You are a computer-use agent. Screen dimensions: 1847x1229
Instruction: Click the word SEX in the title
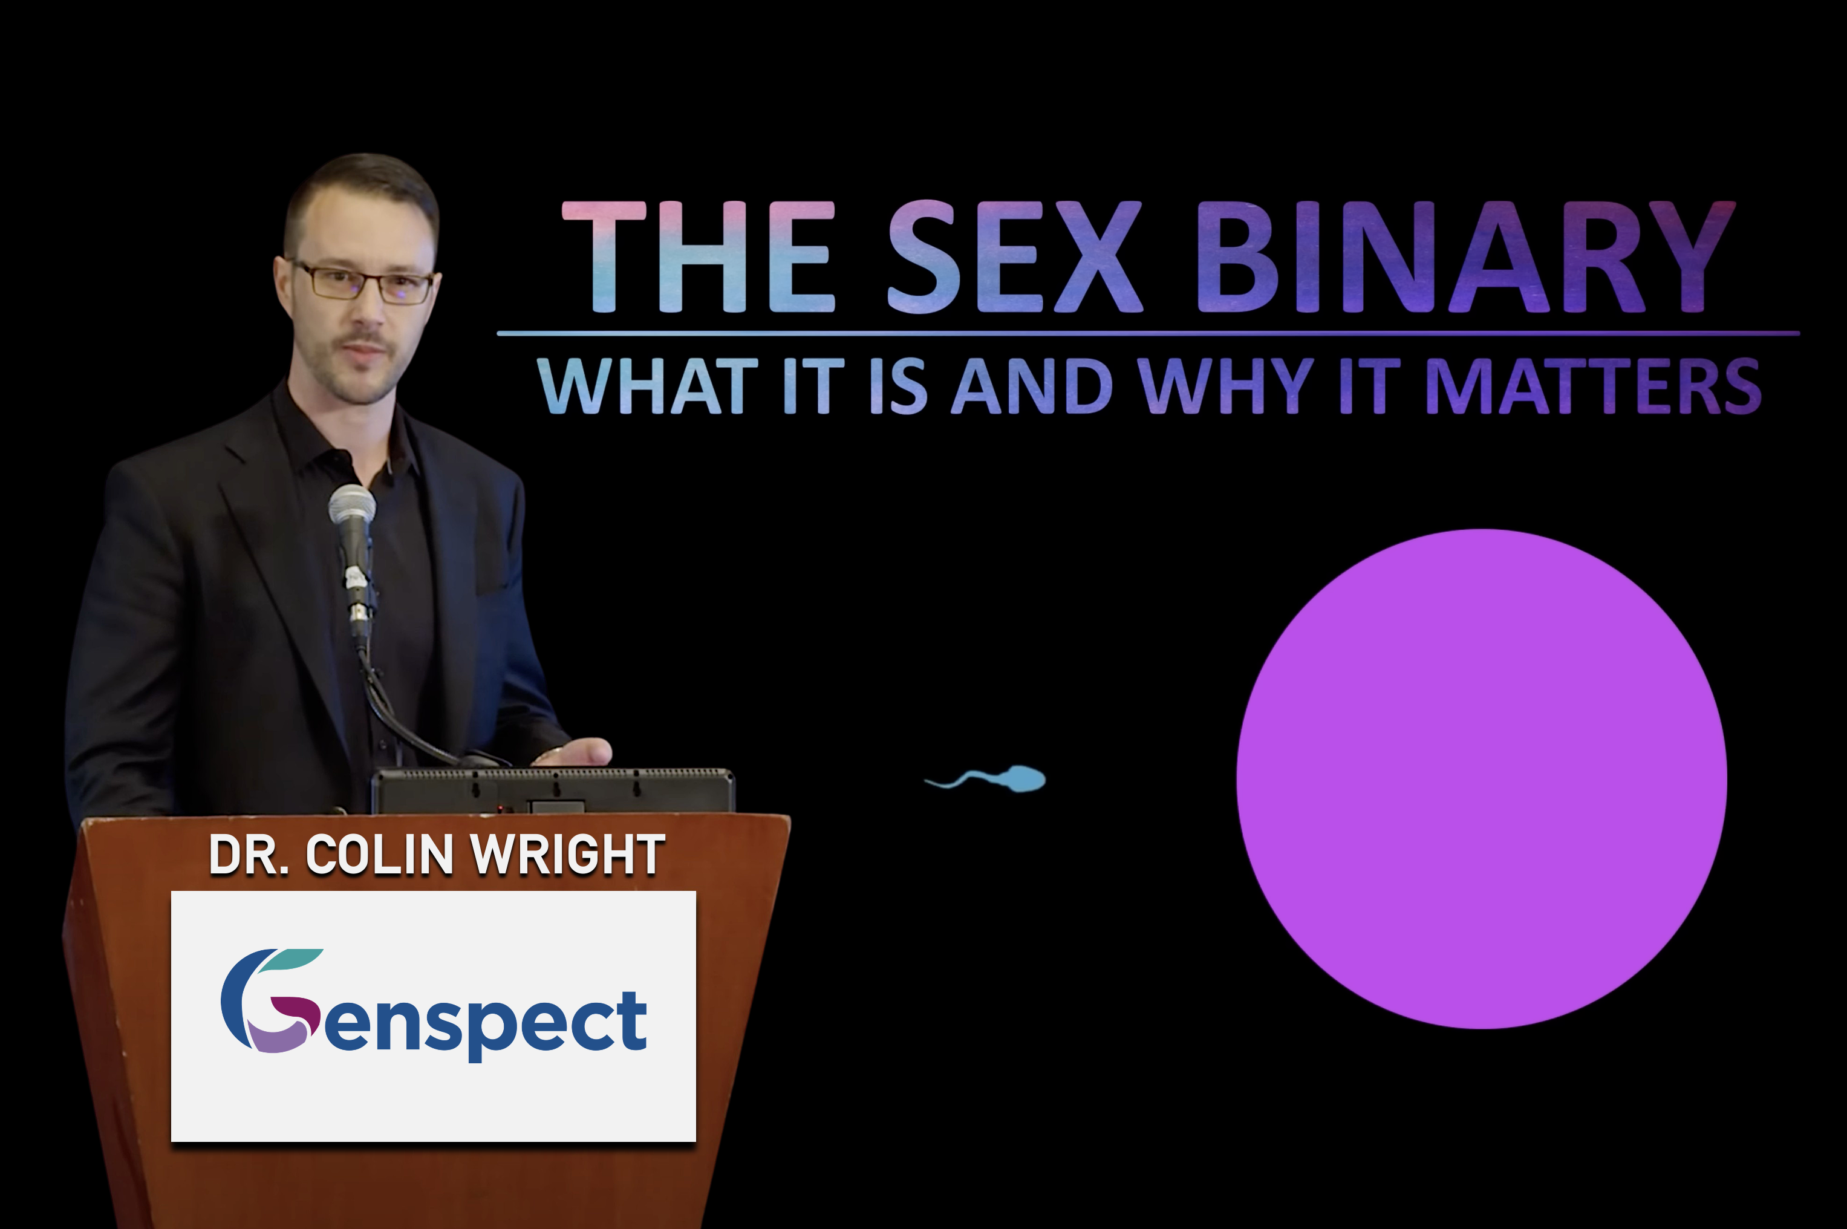(1014, 257)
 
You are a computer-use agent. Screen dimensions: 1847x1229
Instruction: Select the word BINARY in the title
(1465, 257)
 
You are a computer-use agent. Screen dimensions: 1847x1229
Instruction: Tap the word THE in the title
(699, 257)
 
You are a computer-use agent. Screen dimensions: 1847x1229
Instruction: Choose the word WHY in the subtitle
(1226, 386)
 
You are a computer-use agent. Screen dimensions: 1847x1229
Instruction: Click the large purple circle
(1481, 778)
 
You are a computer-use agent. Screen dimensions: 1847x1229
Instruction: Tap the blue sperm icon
(986, 778)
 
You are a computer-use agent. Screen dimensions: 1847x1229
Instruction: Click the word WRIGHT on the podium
(570, 855)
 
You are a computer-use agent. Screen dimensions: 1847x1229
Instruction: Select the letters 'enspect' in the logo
(486, 1023)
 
